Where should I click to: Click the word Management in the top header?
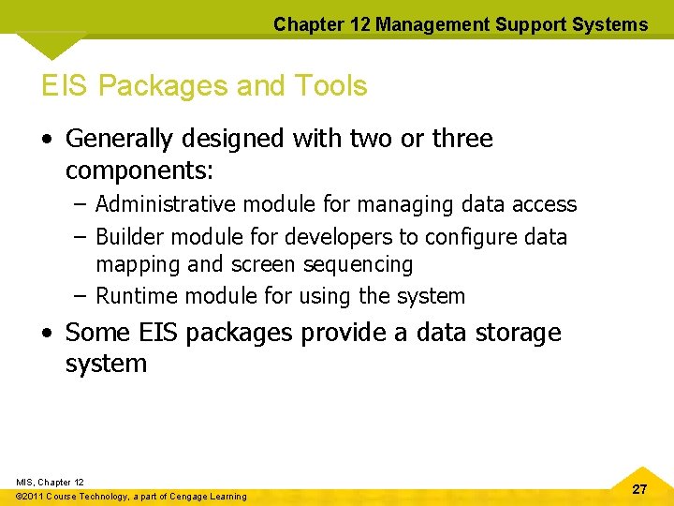click(425, 24)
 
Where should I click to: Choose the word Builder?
click(129, 237)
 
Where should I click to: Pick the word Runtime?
click(138, 297)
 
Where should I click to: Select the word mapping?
click(137, 265)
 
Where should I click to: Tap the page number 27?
click(639, 489)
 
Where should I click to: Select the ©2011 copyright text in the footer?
click(34, 497)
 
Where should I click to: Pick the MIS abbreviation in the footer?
click(24, 482)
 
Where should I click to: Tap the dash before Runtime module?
click(80, 297)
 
